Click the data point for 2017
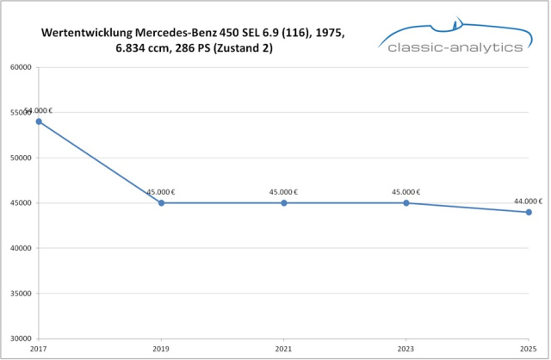tap(39, 121)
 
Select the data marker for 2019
tap(161, 203)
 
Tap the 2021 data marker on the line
tap(284, 203)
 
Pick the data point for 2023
tap(406, 203)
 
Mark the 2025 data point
tap(529, 212)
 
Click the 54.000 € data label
tap(38, 110)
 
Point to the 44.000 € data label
tap(528, 201)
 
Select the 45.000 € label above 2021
tap(283, 192)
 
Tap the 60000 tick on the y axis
tap(21, 67)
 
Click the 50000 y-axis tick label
tap(21, 158)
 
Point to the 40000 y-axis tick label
tap(21, 248)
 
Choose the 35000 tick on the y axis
tap(21, 294)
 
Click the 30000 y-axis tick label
tap(21, 338)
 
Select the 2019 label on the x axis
tap(161, 350)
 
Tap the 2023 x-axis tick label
tap(406, 350)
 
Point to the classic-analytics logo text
tap(455, 47)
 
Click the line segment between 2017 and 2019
tap(100, 163)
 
